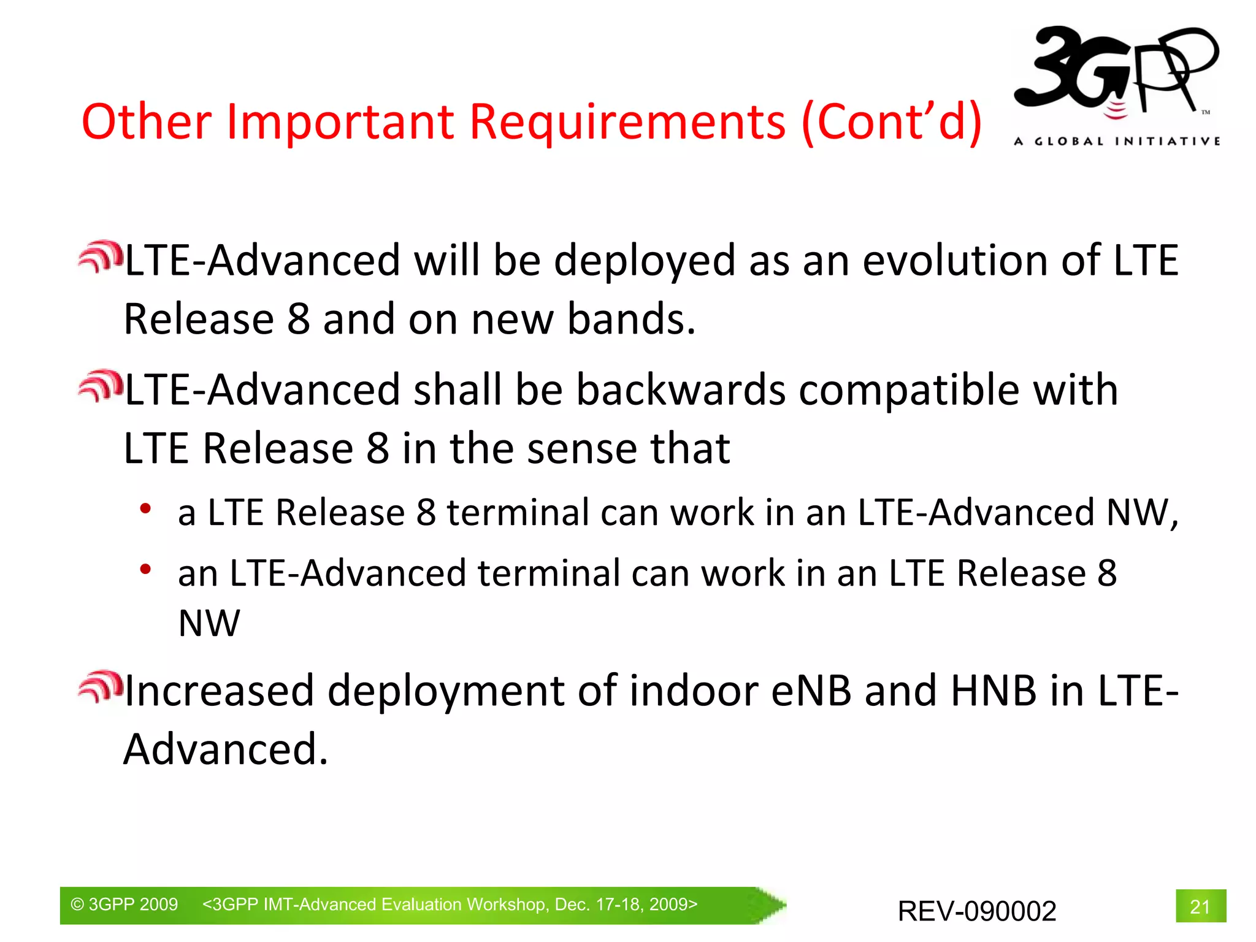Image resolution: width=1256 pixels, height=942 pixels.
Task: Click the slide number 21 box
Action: click(1200, 906)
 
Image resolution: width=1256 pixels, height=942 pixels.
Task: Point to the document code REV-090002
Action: click(977, 911)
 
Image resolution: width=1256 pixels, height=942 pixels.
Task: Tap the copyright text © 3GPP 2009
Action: click(124, 904)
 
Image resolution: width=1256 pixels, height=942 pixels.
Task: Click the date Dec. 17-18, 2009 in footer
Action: click(626, 904)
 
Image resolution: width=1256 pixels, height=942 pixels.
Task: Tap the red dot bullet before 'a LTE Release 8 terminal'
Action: click(145, 508)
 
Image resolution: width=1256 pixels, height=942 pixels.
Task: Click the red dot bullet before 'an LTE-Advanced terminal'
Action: click(145, 570)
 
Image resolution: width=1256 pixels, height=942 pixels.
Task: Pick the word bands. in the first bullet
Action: click(631, 319)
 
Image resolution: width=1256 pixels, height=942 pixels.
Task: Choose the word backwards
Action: click(681, 390)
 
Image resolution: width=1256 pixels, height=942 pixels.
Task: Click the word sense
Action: click(582, 448)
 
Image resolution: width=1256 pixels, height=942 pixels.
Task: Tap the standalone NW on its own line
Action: click(209, 624)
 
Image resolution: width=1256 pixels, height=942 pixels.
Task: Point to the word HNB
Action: click(993, 691)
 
